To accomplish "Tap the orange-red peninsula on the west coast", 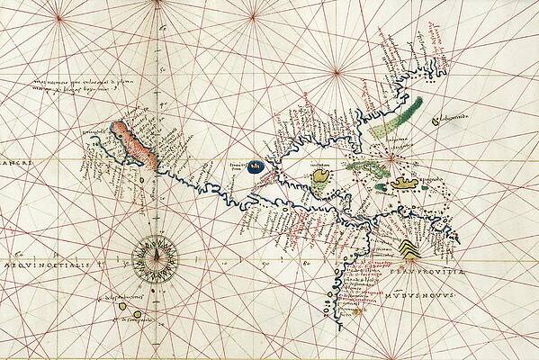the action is (135, 145).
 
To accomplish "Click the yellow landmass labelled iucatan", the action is (320, 184).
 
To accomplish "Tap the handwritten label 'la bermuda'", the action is (454, 119).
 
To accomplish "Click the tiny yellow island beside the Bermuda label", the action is (435, 118).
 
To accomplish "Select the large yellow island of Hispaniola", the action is (407, 183).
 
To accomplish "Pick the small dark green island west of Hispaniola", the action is (381, 188).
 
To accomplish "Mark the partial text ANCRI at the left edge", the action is (12, 163).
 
